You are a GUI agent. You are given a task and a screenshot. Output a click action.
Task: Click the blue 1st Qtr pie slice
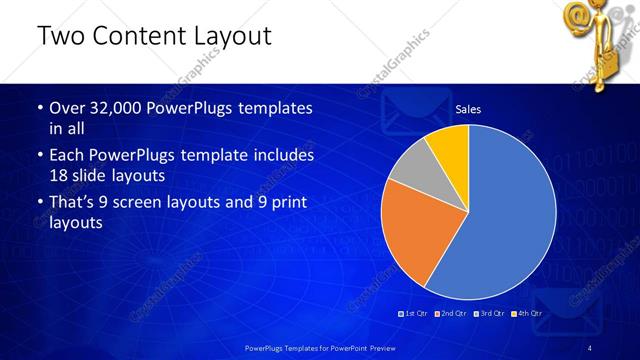510,220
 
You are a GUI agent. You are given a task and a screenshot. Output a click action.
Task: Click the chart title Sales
469,109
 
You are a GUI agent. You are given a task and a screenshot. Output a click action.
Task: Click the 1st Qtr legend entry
415,313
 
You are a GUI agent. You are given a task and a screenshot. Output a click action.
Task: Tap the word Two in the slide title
58,38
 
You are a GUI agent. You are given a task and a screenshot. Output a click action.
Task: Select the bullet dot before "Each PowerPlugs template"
39,157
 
